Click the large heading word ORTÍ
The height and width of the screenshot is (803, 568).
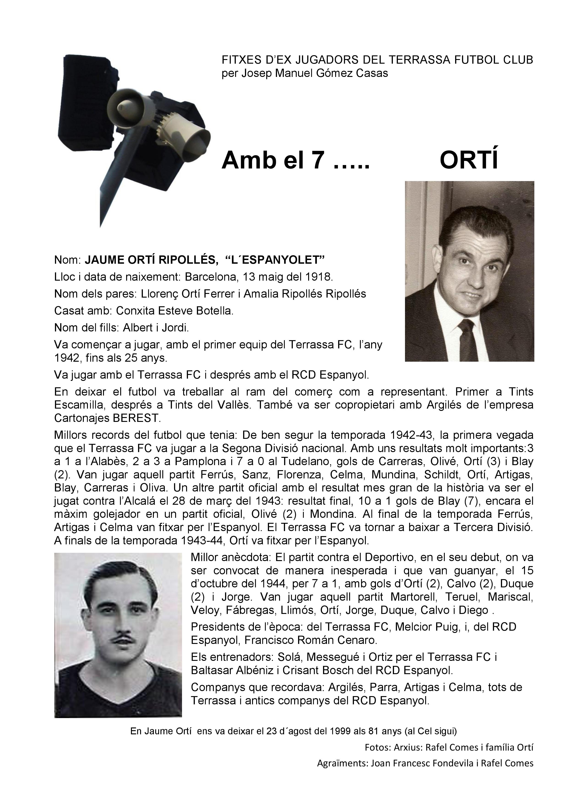click(469, 160)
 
